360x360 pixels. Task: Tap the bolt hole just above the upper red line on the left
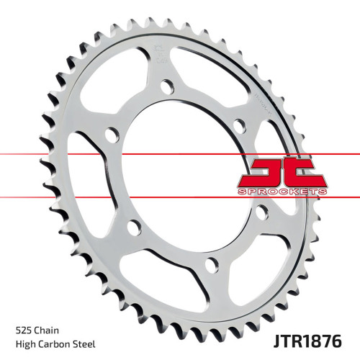tap(111, 135)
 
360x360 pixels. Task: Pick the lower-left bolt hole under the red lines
tap(132, 228)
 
